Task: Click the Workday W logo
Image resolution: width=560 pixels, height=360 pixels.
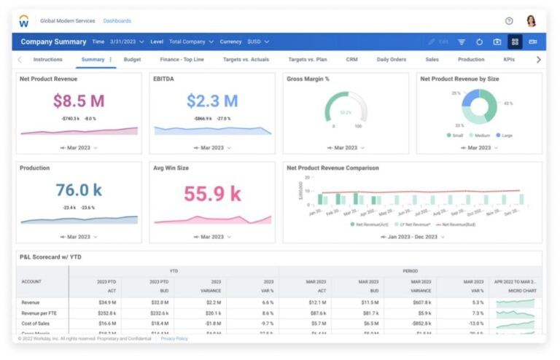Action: pyautogui.click(x=24, y=21)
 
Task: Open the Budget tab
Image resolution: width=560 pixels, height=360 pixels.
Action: pyautogui.click(x=132, y=60)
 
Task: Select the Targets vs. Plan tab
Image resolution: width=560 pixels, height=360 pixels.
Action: pyautogui.click(x=307, y=60)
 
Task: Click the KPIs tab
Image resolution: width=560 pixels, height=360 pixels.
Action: pyautogui.click(x=509, y=60)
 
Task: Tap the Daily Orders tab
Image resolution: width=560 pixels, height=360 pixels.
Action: pyautogui.click(x=392, y=60)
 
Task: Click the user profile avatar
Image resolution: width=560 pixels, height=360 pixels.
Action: pyautogui.click(x=531, y=21)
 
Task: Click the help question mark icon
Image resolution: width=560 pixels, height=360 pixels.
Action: pyautogui.click(x=509, y=21)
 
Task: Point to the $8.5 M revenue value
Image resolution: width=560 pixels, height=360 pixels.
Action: pyautogui.click(x=79, y=101)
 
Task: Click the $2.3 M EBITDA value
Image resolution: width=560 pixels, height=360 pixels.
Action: pyautogui.click(x=212, y=101)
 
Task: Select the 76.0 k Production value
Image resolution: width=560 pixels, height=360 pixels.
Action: pyautogui.click(x=79, y=191)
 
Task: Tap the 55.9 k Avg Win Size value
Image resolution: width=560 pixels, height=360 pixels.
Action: pyautogui.click(x=212, y=194)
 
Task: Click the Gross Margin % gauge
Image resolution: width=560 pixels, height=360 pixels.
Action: pyautogui.click(x=346, y=109)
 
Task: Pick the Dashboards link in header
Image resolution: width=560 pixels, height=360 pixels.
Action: pyautogui.click(x=117, y=21)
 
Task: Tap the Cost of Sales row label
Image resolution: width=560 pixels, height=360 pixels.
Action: pyautogui.click(x=36, y=323)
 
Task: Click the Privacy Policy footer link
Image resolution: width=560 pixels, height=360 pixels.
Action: pyautogui.click(x=174, y=339)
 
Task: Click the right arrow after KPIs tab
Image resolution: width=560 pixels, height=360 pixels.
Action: pyautogui.click(x=538, y=60)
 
